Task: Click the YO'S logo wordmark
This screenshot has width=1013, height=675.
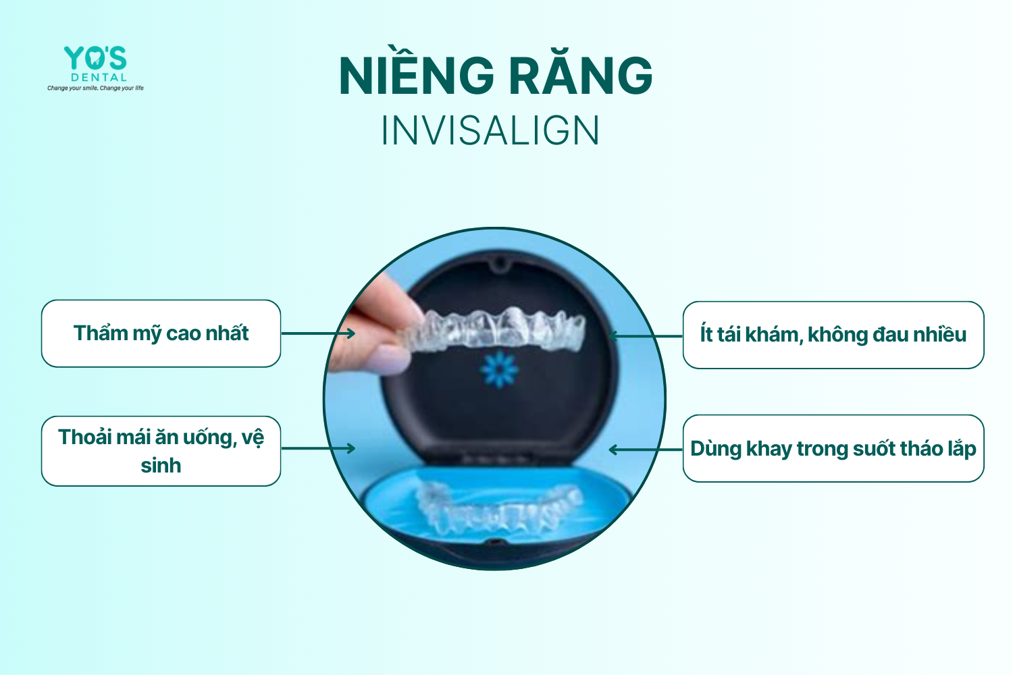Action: click(x=95, y=58)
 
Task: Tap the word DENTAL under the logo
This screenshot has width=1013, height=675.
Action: click(x=99, y=78)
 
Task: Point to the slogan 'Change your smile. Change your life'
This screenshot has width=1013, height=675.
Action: click(x=95, y=88)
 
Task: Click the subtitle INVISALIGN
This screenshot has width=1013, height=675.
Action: click(x=490, y=131)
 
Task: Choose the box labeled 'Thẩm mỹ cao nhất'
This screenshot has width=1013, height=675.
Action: click(x=161, y=333)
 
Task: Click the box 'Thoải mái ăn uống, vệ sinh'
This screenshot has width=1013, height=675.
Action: click(x=161, y=451)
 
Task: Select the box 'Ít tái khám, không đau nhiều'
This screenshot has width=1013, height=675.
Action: click(x=833, y=335)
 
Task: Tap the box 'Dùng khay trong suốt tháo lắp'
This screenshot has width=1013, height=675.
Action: click(x=833, y=448)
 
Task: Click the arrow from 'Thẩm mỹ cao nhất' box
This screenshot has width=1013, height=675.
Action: click(x=318, y=333)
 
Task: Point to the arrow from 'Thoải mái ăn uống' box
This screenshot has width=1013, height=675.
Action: click(x=318, y=448)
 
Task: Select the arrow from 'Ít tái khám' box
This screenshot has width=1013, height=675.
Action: click(x=646, y=336)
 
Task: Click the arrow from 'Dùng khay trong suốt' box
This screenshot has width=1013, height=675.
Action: click(x=646, y=450)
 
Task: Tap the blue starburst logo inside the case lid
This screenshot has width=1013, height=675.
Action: click(x=499, y=370)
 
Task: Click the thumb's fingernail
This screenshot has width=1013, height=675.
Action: click(x=390, y=360)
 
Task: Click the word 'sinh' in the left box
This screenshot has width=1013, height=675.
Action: click(x=161, y=466)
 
